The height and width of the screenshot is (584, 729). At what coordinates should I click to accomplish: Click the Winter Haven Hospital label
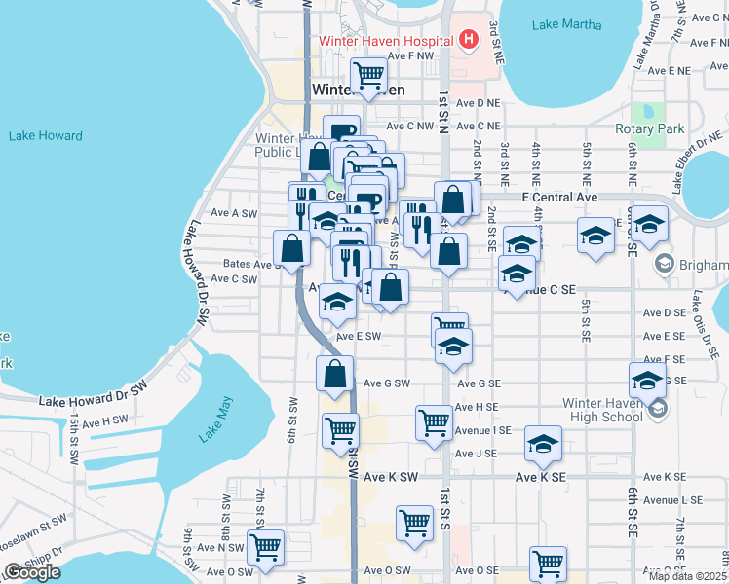pos(387,41)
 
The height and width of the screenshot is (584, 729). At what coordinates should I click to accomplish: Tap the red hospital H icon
pos(469,40)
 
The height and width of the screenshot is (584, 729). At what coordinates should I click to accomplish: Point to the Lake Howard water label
pos(45,136)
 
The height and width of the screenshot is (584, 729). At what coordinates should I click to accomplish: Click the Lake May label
pos(216,420)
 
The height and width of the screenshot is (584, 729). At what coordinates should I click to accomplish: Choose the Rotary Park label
pos(650,128)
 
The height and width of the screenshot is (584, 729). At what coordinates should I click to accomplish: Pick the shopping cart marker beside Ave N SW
pos(265,547)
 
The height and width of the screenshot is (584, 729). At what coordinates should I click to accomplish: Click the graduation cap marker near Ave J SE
pos(544,445)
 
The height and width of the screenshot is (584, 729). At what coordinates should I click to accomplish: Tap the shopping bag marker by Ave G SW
pos(334,374)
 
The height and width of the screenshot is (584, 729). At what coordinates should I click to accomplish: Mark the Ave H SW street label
pos(105,420)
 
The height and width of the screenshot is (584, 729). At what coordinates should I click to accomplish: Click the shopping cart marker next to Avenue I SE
pos(434,422)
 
